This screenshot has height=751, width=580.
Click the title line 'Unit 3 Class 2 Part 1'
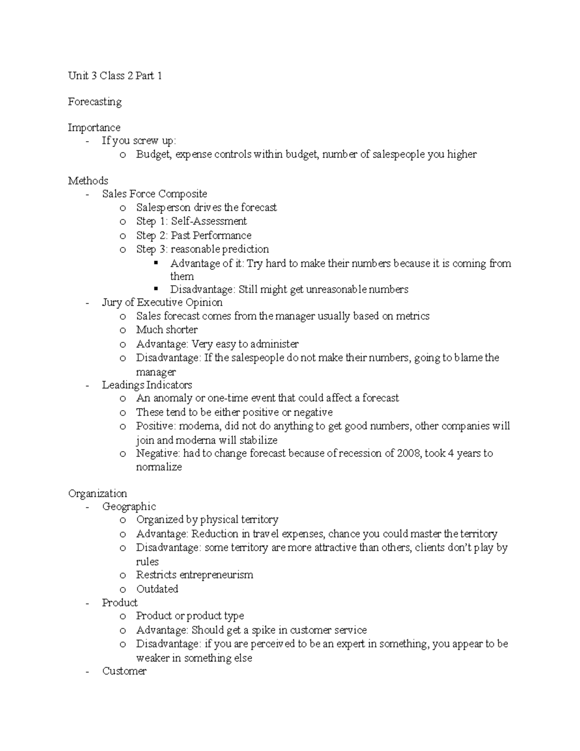(115, 75)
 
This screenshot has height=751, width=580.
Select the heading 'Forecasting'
(95, 102)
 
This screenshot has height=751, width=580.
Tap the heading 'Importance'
(94, 128)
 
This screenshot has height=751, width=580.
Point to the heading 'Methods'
(88, 181)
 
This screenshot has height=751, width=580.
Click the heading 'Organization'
(98, 493)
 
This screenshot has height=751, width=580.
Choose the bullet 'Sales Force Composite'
(155, 194)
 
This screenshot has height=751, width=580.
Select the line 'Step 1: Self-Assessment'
(191, 221)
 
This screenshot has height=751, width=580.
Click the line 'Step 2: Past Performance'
(194, 236)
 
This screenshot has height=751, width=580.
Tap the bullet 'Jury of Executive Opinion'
(162, 303)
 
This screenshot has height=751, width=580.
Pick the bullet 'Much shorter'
(167, 330)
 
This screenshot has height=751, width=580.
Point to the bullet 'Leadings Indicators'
(147, 385)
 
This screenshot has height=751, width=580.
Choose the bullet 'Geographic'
(129, 506)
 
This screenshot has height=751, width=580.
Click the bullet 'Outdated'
(157, 589)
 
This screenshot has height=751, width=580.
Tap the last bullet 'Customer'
(124, 671)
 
